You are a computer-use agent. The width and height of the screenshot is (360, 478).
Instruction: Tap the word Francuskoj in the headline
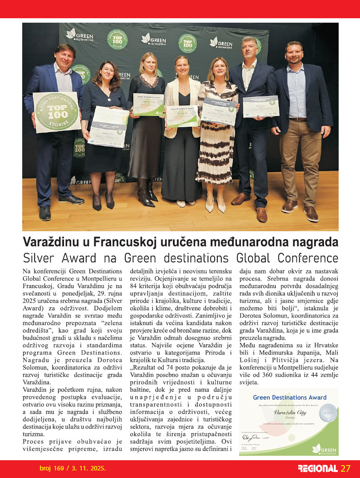[123, 243]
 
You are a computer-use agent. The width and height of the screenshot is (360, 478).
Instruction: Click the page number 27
[346, 469]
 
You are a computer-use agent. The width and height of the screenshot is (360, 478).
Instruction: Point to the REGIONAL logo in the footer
[317, 469]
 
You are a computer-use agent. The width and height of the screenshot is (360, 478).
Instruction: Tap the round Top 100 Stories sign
[51, 112]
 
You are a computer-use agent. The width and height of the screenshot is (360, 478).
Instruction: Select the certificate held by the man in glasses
[260, 106]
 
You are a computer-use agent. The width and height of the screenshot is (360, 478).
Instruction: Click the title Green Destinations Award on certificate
[289, 398]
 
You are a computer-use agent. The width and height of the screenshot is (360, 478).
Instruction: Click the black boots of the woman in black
[146, 192]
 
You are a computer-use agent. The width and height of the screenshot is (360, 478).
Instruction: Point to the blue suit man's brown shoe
[262, 214]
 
